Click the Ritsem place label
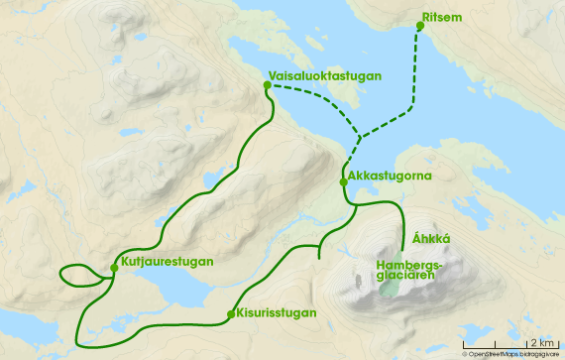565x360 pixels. tap(441, 18)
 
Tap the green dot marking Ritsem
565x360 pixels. tap(419, 27)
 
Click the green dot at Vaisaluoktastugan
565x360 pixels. tap(268, 85)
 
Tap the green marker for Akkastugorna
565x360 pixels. tap(343, 181)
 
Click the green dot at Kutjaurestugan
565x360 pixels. tap(115, 266)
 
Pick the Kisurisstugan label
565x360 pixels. tap(278, 313)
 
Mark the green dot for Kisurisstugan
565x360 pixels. tap(231, 314)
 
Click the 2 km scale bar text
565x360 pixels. tap(546, 341)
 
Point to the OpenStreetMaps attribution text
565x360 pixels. tap(510, 353)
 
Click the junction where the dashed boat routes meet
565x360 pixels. tap(359, 138)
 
